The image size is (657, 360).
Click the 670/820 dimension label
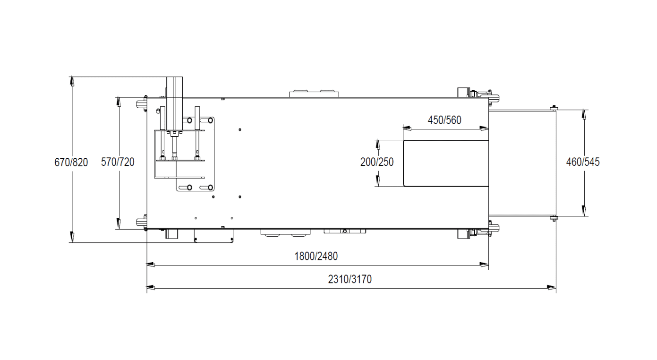[x=71, y=162]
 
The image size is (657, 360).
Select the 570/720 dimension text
[x=118, y=162]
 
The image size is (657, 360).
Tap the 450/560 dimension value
[x=444, y=120]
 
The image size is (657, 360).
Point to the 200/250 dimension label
[x=377, y=162]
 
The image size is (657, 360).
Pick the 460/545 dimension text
[x=583, y=162]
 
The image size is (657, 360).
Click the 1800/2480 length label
[x=316, y=257]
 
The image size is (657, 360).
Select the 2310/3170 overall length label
[x=350, y=279]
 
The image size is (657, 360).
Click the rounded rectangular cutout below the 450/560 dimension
[x=446, y=163]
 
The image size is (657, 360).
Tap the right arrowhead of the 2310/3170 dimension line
[x=551, y=288]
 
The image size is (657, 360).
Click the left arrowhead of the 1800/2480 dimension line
[x=151, y=265]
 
